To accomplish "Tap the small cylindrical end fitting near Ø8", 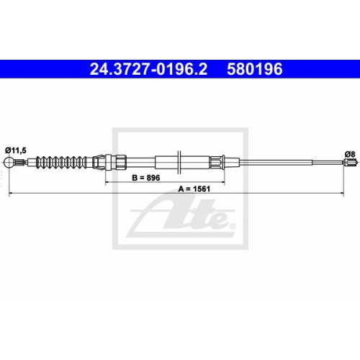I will pos(350,163).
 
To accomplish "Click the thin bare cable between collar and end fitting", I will pos(288,163).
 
